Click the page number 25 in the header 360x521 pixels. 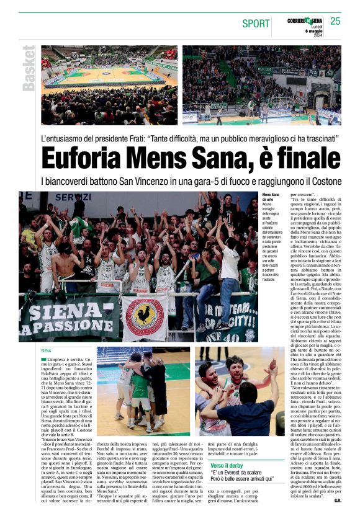click(x=335, y=21)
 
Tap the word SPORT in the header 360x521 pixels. click(x=256, y=24)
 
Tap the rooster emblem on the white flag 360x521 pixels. click(x=144, y=316)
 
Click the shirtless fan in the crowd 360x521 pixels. click(x=61, y=260)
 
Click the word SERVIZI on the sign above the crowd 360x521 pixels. click(x=75, y=197)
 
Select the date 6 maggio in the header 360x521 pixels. click(x=313, y=31)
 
